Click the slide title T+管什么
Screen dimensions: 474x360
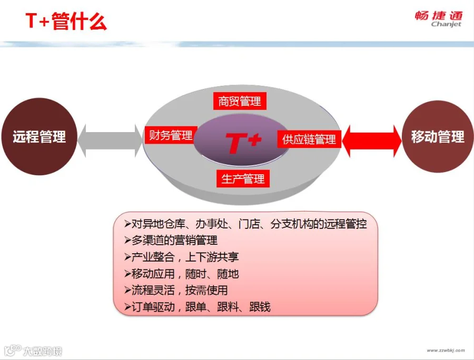(x=66, y=21)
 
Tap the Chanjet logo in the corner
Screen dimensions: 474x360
(x=439, y=19)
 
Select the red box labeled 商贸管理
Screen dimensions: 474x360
(x=240, y=101)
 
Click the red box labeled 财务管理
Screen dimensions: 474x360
(x=171, y=135)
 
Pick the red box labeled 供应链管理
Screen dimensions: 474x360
(x=309, y=139)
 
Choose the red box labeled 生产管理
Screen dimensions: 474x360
(x=243, y=179)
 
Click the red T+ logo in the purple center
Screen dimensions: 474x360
(x=243, y=143)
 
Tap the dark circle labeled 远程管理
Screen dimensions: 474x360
(x=39, y=136)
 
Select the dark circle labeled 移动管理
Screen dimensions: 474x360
(x=438, y=136)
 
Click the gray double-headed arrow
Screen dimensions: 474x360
(x=110, y=141)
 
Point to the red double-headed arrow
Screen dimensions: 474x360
(x=372, y=141)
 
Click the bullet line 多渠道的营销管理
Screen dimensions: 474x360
(x=171, y=241)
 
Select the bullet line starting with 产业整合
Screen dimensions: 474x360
(x=181, y=257)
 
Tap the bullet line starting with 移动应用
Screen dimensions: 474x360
(x=181, y=274)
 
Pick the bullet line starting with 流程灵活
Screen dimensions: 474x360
(x=176, y=291)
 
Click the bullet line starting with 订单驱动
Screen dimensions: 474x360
(x=197, y=307)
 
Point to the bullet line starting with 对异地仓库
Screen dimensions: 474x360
(x=245, y=224)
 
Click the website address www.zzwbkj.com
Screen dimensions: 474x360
(x=446, y=351)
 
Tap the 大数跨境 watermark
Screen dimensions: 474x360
(x=33, y=351)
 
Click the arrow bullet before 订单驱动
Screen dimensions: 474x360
(x=127, y=307)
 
